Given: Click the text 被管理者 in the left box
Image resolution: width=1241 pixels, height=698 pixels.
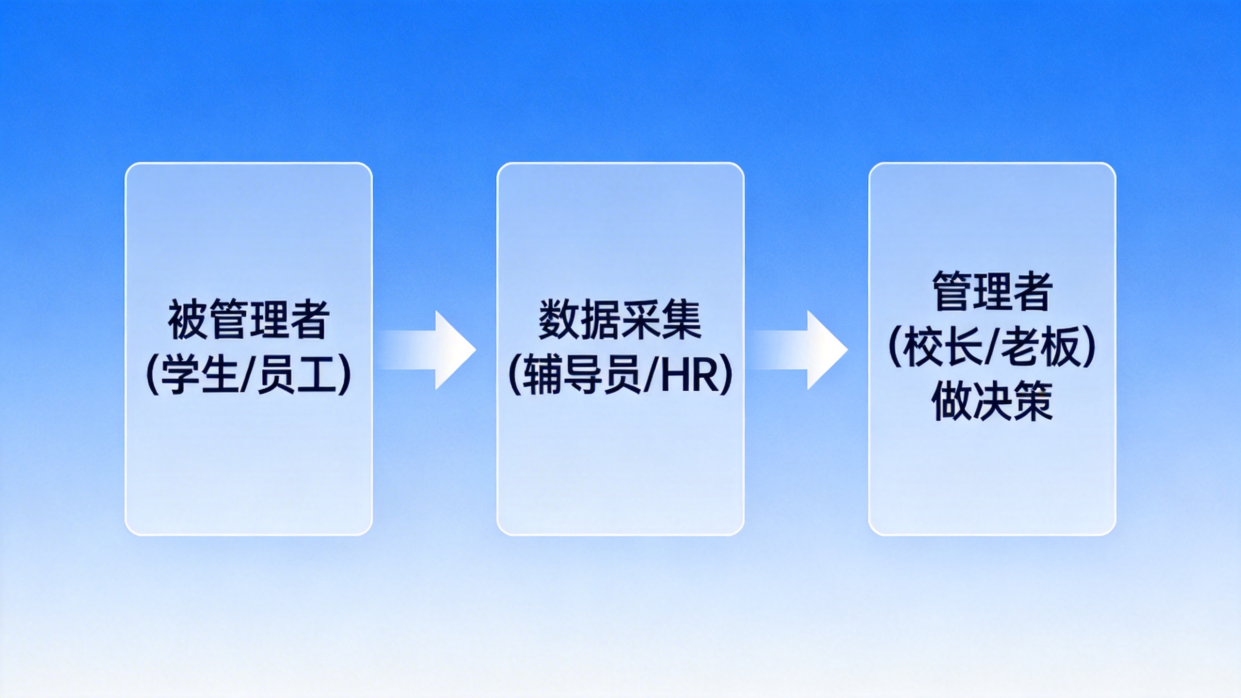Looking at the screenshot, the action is [x=249, y=320].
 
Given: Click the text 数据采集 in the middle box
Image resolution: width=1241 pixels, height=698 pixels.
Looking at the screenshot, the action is [x=620, y=320].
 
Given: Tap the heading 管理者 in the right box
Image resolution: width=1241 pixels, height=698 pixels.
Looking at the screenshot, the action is [x=992, y=291].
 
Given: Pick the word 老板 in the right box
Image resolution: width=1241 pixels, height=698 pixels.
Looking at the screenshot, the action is [x=1040, y=347].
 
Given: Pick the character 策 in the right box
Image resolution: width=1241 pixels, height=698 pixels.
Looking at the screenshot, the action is [x=1033, y=402].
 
